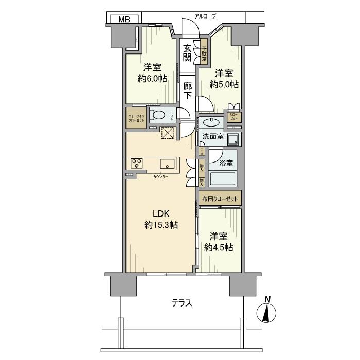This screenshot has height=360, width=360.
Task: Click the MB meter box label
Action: tap(124, 20)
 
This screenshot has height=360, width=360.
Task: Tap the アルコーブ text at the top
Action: tap(205, 16)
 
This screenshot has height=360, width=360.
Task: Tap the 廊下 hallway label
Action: tap(188, 91)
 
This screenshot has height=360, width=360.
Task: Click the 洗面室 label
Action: tap(212, 137)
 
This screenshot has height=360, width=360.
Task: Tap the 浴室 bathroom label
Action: tap(226, 164)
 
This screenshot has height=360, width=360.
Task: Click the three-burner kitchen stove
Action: tap(137, 163)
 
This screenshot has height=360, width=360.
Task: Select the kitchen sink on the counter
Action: tap(167, 164)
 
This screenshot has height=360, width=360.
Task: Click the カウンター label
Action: tap(160, 177)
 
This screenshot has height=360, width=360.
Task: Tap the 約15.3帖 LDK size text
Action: tap(161, 225)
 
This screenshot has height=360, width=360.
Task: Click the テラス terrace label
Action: tap(182, 303)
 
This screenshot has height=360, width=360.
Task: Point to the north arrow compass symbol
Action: tap(267, 310)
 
